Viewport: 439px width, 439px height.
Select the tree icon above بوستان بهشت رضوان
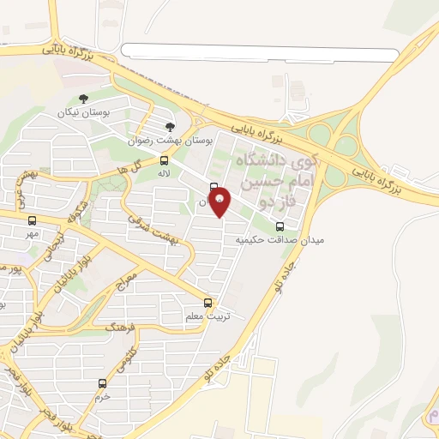tap(170, 126)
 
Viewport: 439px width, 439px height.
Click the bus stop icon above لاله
tap(165, 159)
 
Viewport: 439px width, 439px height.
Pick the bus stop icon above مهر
tap(32, 221)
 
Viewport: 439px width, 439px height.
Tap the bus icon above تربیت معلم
tap(207, 303)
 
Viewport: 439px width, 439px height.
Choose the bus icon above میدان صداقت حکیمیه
tap(280, 226)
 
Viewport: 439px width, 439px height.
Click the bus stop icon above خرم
tap(103, 383)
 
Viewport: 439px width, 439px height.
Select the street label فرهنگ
tap(119, 325)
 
